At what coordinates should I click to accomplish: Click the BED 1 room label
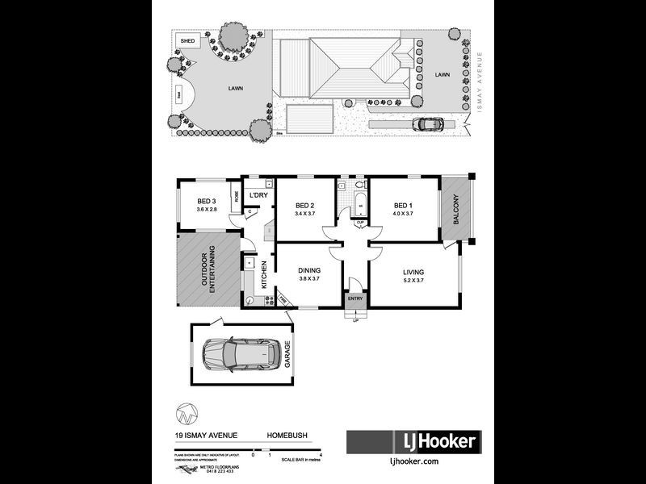coord(404,205)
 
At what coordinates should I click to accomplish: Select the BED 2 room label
coord(305,205)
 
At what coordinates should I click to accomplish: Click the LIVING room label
coord(413,272)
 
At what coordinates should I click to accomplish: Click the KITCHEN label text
coord(263,276)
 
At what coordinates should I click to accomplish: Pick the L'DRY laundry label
coord(258,195)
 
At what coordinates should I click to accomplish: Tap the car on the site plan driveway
coord(428,124)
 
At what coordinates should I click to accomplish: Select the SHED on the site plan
coord(187,40)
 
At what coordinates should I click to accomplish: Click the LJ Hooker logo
coord(413,441)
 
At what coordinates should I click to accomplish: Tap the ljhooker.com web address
coord(413,461)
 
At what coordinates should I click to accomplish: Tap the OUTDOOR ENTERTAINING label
coord(208,271)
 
